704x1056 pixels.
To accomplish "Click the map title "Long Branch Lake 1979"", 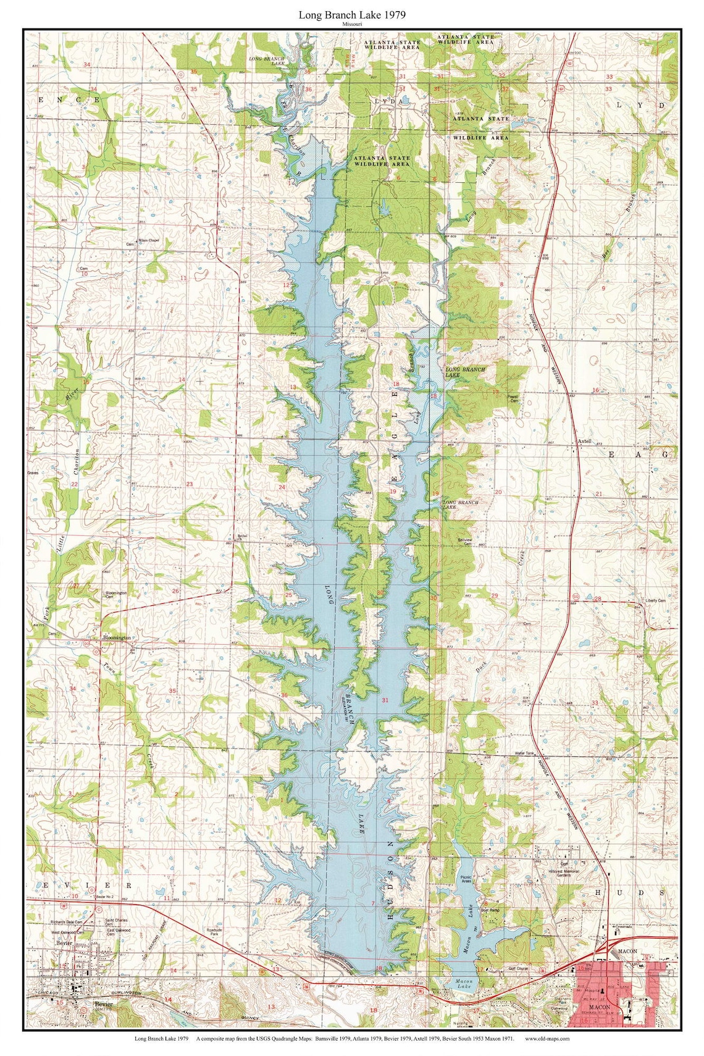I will pyautogui.click(x=353, y=14).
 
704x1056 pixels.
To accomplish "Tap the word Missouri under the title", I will pyautogui.click(x=353, y=23).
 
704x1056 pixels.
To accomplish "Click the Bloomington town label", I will pyautogui.click(x=117, y=637).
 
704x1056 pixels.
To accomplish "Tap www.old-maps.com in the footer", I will pyautogui.click(x=547, y=1039).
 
